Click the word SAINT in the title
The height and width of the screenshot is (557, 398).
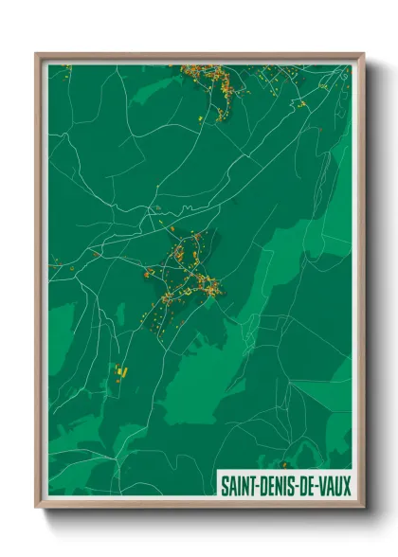(x=237, y=486)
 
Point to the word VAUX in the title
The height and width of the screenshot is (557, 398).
(x=335, y=486)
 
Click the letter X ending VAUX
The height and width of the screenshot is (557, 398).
(x=347, y=486)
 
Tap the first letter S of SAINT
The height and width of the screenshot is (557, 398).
(x=224, y=486)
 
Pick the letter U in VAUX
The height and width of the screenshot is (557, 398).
(x=338, y=486)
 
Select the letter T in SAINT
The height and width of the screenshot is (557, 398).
(x=251, y=486)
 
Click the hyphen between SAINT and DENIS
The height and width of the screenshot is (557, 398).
(x=257, y=486)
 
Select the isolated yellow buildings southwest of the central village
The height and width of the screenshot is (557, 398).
(x=120, y=370)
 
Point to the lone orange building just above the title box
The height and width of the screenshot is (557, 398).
(x=282, y=465)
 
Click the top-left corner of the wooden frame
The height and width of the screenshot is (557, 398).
(x=37, y=54)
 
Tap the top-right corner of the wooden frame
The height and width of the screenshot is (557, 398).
(x=363, y=54)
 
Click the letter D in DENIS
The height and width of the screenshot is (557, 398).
(x=262, y=486)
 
